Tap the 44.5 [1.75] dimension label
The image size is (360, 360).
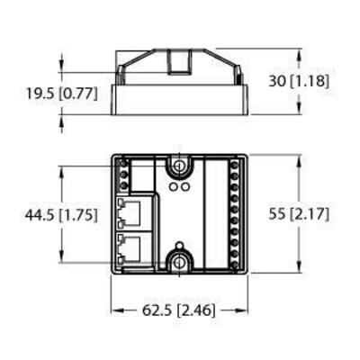(54, 215)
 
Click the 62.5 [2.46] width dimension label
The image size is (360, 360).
(180, 310)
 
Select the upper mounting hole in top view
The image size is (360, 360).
(180, 167)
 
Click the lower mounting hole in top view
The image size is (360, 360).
(180, 262)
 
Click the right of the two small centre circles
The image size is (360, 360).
(185, 190)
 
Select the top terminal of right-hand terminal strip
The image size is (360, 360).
(236, 164)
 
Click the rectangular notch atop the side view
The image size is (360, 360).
(180, 60)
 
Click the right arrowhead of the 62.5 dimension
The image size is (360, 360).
(246, 310)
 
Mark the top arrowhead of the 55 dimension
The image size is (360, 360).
(296, 157)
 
